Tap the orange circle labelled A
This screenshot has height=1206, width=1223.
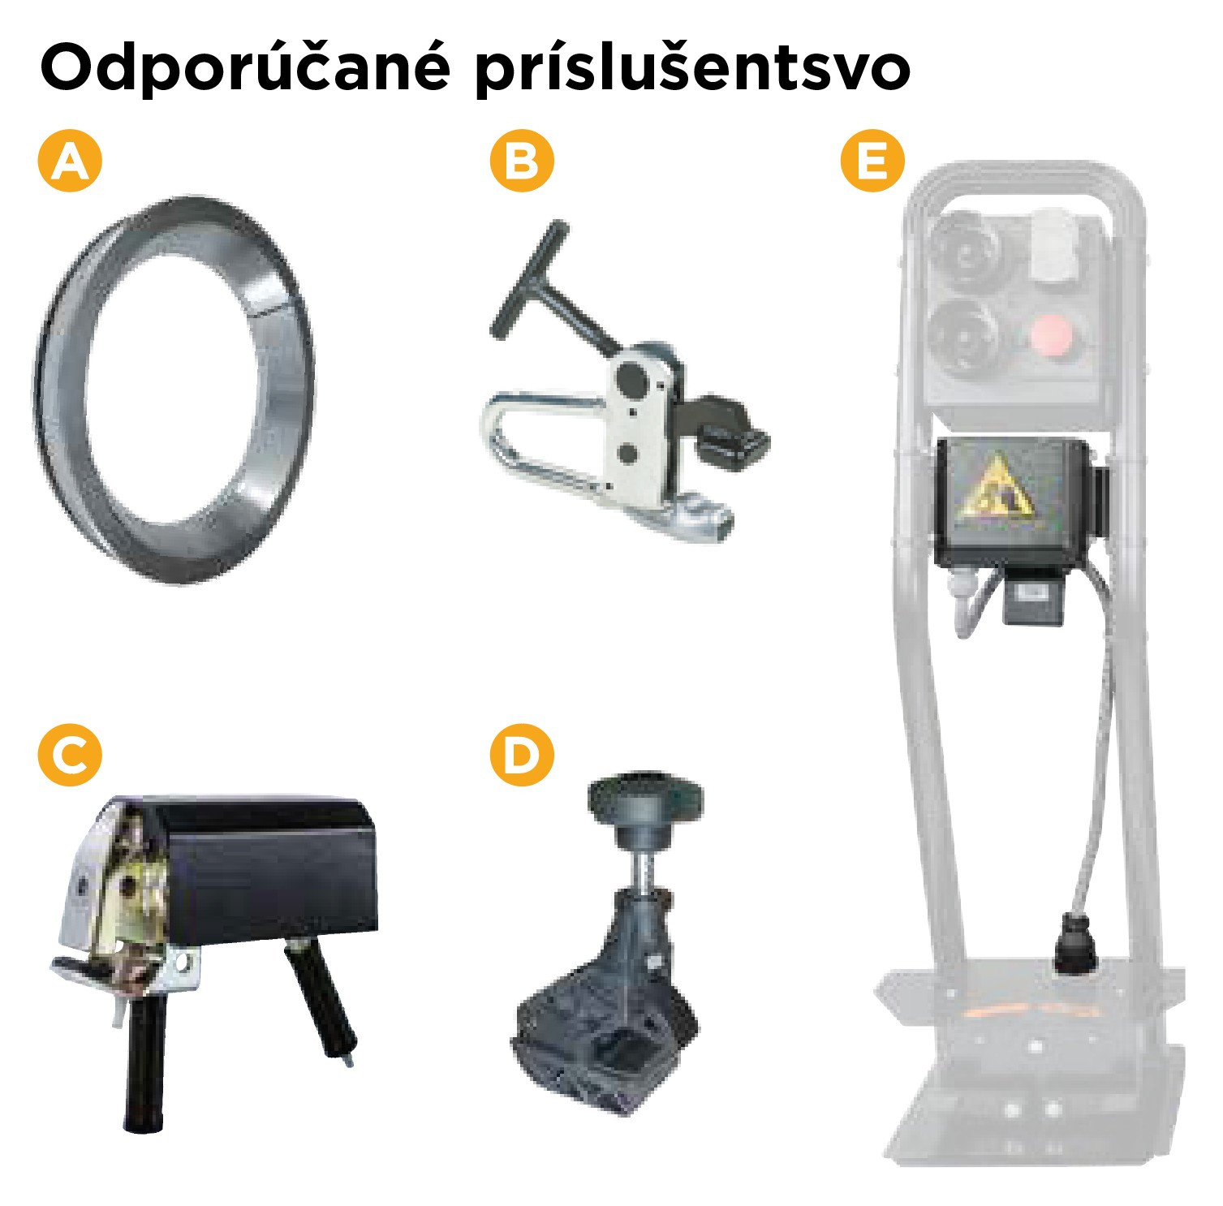(x=70, y=160)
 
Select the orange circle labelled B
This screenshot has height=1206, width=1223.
(x=521, y=160)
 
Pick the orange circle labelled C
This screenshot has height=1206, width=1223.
(x=70, y=756)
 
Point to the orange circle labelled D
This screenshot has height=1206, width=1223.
(x=521, y=756)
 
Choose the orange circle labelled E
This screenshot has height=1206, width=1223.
(x=872, y=160)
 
